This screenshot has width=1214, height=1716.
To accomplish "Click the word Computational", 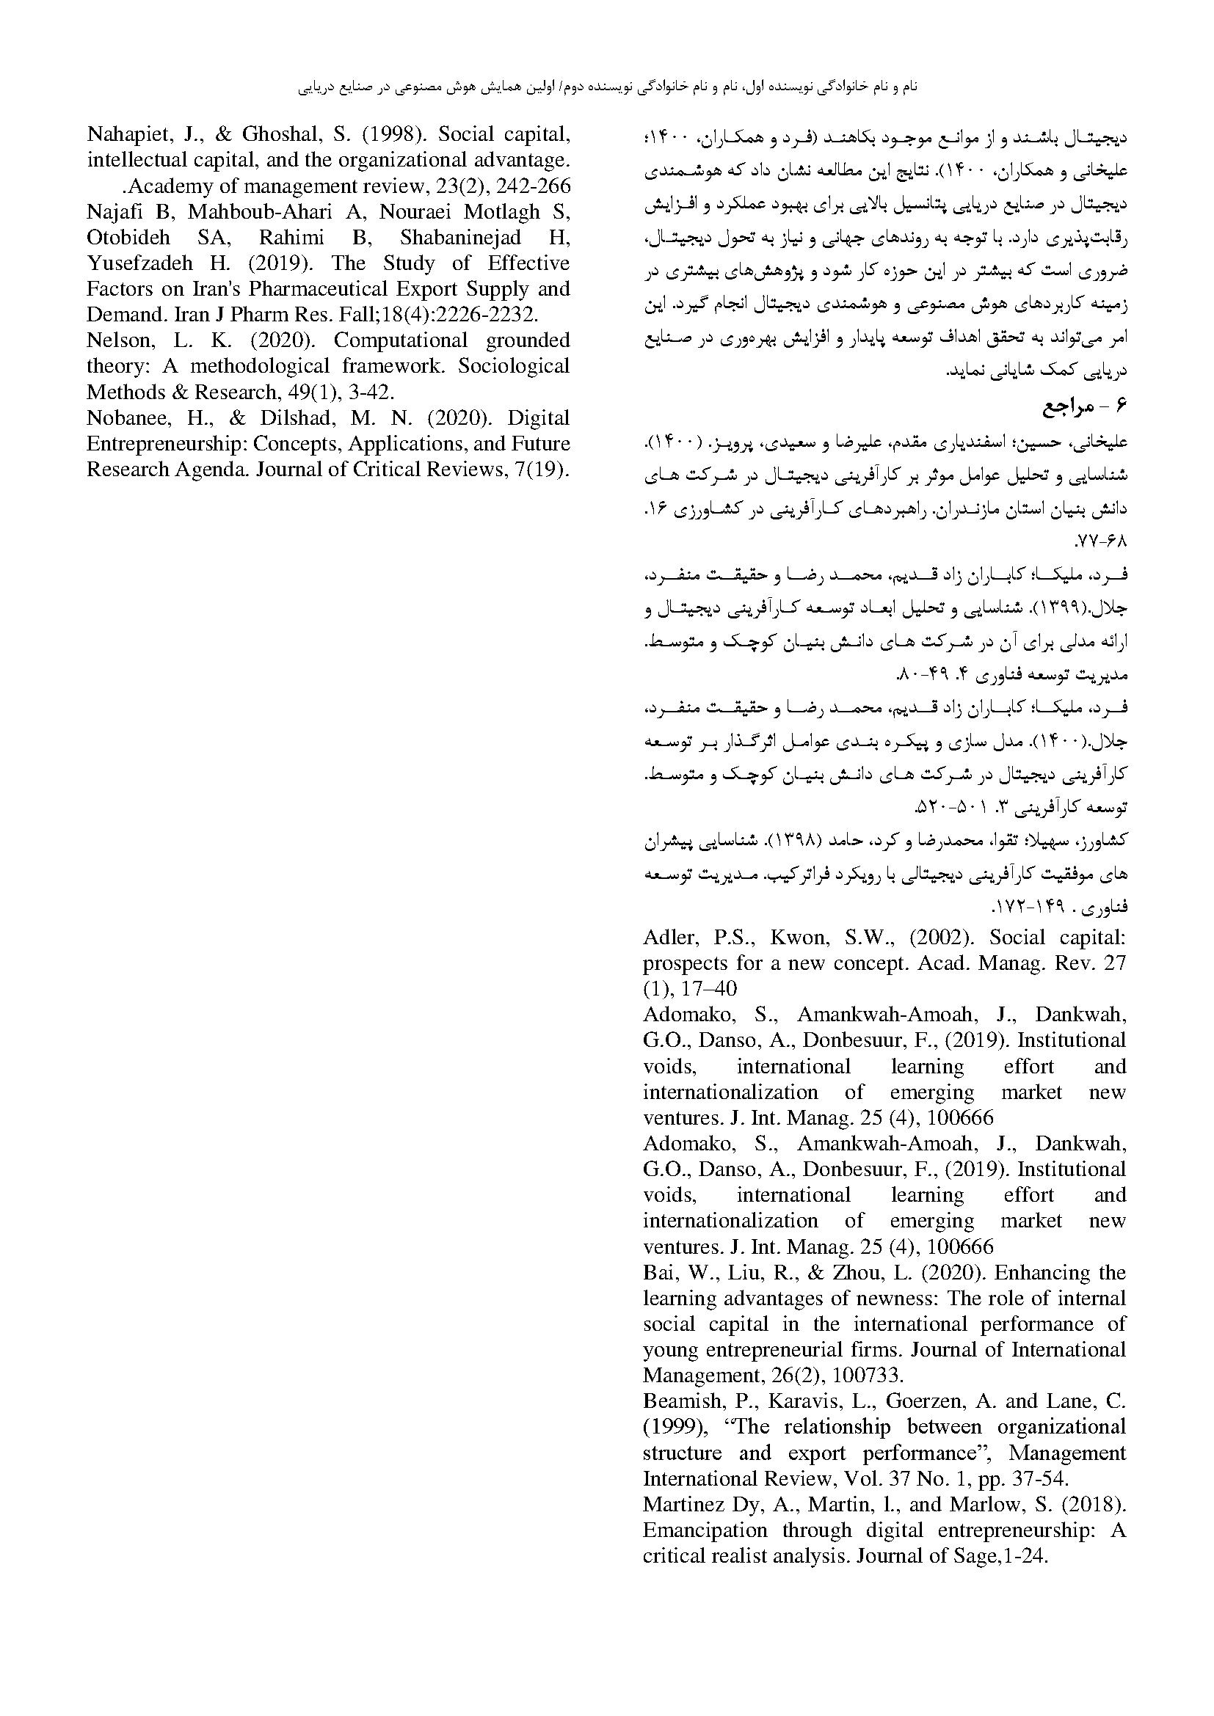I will (x=400, y=341).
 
